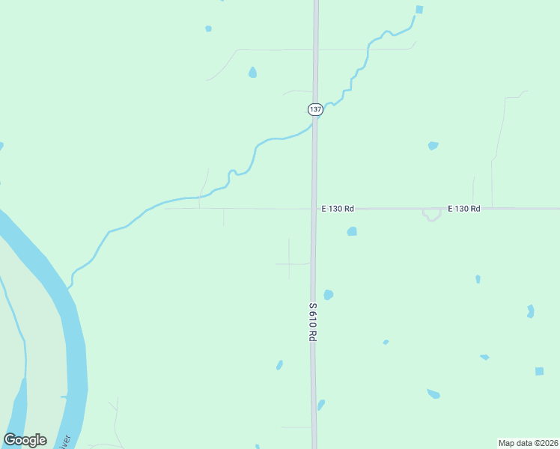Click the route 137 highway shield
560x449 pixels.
315,109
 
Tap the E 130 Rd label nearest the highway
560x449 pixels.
338,209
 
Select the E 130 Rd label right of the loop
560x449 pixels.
463,209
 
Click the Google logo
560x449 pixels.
25,440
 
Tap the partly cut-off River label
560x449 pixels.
65,441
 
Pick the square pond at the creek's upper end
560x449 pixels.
419,10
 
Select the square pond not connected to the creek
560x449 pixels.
539,371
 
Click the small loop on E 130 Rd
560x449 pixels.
430,216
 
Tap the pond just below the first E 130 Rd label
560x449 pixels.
352,232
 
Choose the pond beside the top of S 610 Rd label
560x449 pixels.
328,295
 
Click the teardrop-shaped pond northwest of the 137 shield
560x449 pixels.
252,73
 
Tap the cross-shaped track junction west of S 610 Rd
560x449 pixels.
290,263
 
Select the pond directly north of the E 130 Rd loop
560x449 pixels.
433,145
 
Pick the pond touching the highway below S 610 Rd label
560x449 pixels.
321,405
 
